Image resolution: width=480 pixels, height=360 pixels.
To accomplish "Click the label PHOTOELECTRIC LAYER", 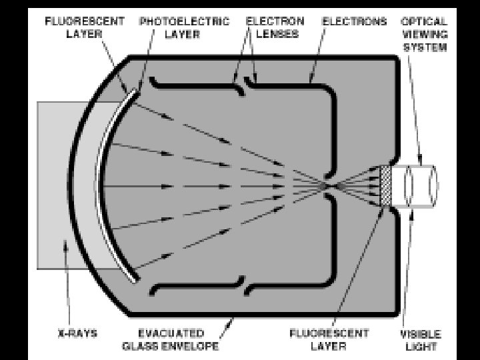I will point(183,27).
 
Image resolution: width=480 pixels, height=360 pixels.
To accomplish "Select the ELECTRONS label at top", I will point(355,21).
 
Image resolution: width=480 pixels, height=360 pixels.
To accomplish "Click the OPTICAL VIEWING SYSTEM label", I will point(423,35).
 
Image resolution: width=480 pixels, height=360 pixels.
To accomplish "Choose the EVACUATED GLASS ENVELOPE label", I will point(171,339).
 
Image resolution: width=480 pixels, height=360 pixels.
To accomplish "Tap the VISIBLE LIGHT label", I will point(421,339).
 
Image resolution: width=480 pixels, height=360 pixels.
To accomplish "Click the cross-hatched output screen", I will point(385,186).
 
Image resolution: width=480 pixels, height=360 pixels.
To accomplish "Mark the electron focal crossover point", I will point(327,186).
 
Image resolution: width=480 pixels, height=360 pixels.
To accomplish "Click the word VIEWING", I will point(423,35).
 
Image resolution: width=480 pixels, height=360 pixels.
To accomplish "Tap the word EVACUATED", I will point(171,333).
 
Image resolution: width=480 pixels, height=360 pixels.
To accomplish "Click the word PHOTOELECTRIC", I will point(183,21).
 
